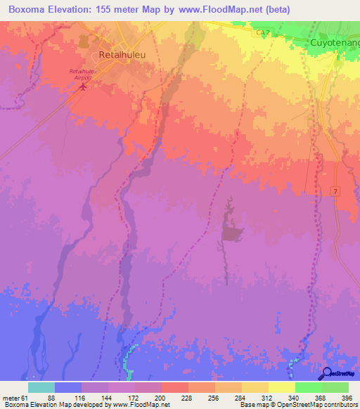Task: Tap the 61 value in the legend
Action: [x=24, y=397]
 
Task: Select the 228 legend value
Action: [x=186, y=397]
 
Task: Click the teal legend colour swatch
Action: [x=41, y=387]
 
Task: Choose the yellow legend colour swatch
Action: [x=281, y=387]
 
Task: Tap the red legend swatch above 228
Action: [x=174, y=387]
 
